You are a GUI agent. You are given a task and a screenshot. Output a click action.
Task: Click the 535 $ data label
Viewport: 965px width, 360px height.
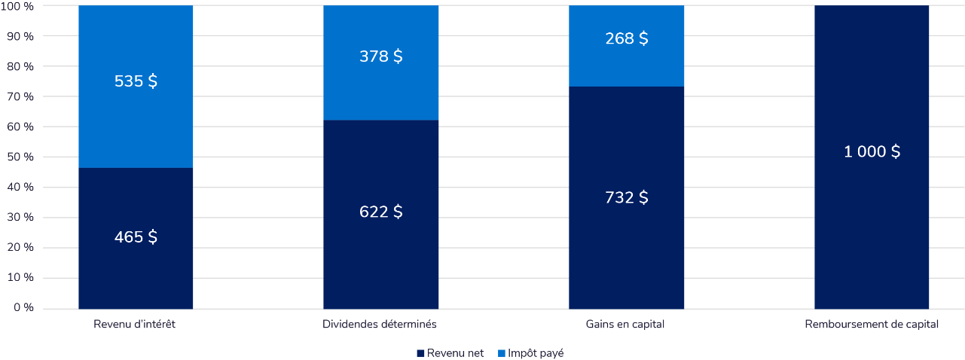coord(136,81)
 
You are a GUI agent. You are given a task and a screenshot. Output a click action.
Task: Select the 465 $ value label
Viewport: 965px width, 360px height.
coord(136,236)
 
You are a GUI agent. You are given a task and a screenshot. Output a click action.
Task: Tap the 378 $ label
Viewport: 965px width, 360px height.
coord(380,56)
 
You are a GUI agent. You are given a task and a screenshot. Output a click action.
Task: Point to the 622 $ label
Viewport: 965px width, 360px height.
coord(380,212)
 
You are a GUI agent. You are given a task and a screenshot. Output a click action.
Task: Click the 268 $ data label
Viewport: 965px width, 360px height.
coord(626,38)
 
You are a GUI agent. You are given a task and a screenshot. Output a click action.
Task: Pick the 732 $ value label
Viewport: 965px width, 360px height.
coord(626,197)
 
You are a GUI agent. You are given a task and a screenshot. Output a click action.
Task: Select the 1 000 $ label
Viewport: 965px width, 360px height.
coord(872,151)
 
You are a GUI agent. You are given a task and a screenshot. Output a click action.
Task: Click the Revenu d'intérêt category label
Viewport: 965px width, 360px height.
coord(136,325)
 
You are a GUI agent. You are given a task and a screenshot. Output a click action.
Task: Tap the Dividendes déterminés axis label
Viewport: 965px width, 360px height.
coord(380,325)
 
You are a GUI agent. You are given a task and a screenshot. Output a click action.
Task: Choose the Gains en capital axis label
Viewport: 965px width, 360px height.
coord(625,325)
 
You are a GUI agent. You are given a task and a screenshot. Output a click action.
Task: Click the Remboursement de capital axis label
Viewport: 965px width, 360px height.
coord(872,325)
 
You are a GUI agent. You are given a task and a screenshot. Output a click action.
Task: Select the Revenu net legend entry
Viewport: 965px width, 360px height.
coord(454,352)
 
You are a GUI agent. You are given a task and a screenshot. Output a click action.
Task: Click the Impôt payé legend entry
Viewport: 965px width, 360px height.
coord(536,352)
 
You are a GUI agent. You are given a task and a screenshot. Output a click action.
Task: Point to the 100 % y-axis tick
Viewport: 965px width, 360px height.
coord(18,6)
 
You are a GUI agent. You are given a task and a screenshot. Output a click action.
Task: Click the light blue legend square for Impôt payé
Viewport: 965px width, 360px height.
coord(502,352)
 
